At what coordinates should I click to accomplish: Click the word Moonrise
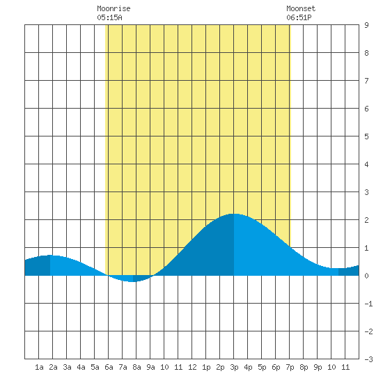tap(114, 8)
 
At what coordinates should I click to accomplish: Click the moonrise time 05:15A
tap(109, 17)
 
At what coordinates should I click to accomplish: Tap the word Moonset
tap(301, 8)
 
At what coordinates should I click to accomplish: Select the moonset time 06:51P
tap(299, 17)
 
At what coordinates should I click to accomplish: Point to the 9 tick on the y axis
tap(366, 25)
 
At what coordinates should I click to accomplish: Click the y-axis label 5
tap(366, 136)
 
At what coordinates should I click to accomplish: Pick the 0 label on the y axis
tap(366, 276)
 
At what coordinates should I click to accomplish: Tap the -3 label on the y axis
tap(368, 359)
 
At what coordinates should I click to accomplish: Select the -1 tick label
tap(368, 304)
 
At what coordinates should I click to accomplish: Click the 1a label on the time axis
tap(39, 367)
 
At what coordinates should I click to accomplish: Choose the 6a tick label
tap(109, 367)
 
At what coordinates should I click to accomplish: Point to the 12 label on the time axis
tap(192, 367)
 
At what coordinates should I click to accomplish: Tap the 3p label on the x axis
tap(234, 367)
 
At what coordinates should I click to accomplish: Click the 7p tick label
tap(290, 367)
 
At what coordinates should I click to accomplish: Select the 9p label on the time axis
tap(318, 367)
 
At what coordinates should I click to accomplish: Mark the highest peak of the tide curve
tap(233, 214)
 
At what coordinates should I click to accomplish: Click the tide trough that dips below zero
tap(132, 281)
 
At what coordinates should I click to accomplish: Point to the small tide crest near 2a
tap(50, 256)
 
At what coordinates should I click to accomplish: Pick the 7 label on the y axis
tap(366, 81)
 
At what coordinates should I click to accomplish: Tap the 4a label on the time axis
tap(81, 367)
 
